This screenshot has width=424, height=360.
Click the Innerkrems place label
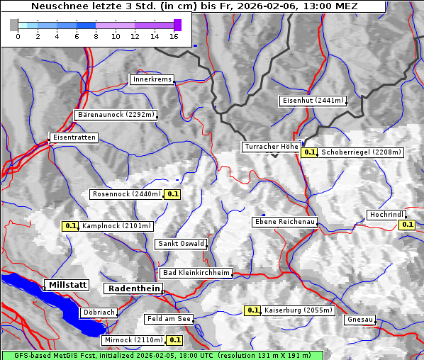pyautogui.click(x=152, y=79)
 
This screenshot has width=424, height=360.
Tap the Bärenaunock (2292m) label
pyautogui.click(x=116, y=114)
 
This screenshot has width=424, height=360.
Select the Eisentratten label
pyautogui.click(x=73, y=137)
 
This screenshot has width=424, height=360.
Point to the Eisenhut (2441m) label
pyautogui.click(x=313, y=101)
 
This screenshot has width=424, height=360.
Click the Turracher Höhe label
pyautogui.click(x=271, y=147)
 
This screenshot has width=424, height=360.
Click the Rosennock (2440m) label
pyautogui.click(x=127, y=193)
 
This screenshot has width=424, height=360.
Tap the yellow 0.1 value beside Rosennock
pyautogui.click(x=173, y=193)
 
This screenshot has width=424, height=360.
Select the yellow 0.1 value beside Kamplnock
pyautogui.click(x=70, y=226)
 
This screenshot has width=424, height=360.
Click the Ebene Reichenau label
pyautogui.click(x=284, y=222)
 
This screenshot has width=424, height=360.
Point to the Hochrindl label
pyautogui.click(x=386, y=215)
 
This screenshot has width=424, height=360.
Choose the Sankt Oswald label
pyautogui.click(x=181, y=244)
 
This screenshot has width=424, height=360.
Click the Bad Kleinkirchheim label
pyautogui.click(x=196, y=273)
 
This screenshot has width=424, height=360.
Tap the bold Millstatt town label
pyautogui.click(x=67, y=285)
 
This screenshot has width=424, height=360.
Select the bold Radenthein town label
pyautogui.click(x=133, y=288)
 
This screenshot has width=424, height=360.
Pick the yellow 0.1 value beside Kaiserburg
pyautogui.click(x=252, y=310)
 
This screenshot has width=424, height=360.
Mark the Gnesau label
pyautogui.click(x=359, y=320)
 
